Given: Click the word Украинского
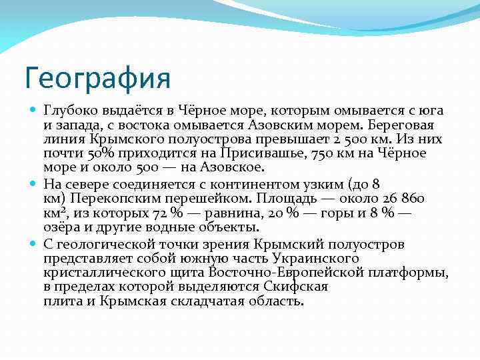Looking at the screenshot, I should click(314, 259).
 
